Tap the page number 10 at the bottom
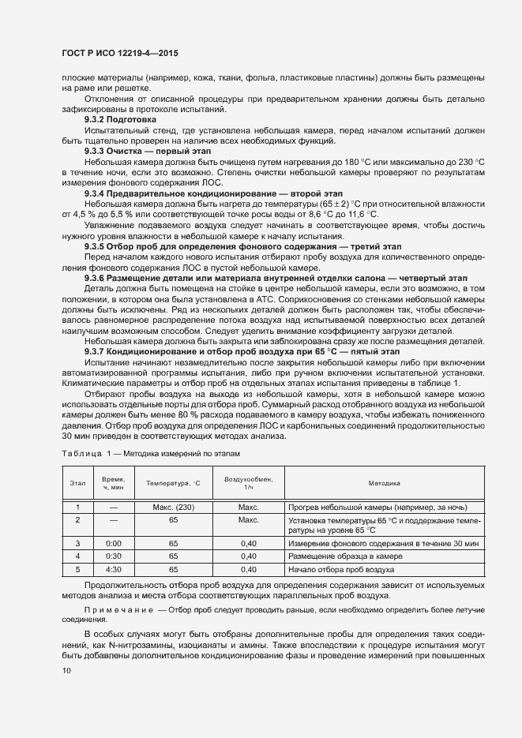pos(66,670)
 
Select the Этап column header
pos(78,482)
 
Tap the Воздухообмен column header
pos(248,482)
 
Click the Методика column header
pos(384,482)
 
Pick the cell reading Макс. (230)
pos(173,507)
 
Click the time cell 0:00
pos(114,544)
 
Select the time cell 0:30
pos(114,556)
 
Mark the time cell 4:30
pos(114,568)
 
